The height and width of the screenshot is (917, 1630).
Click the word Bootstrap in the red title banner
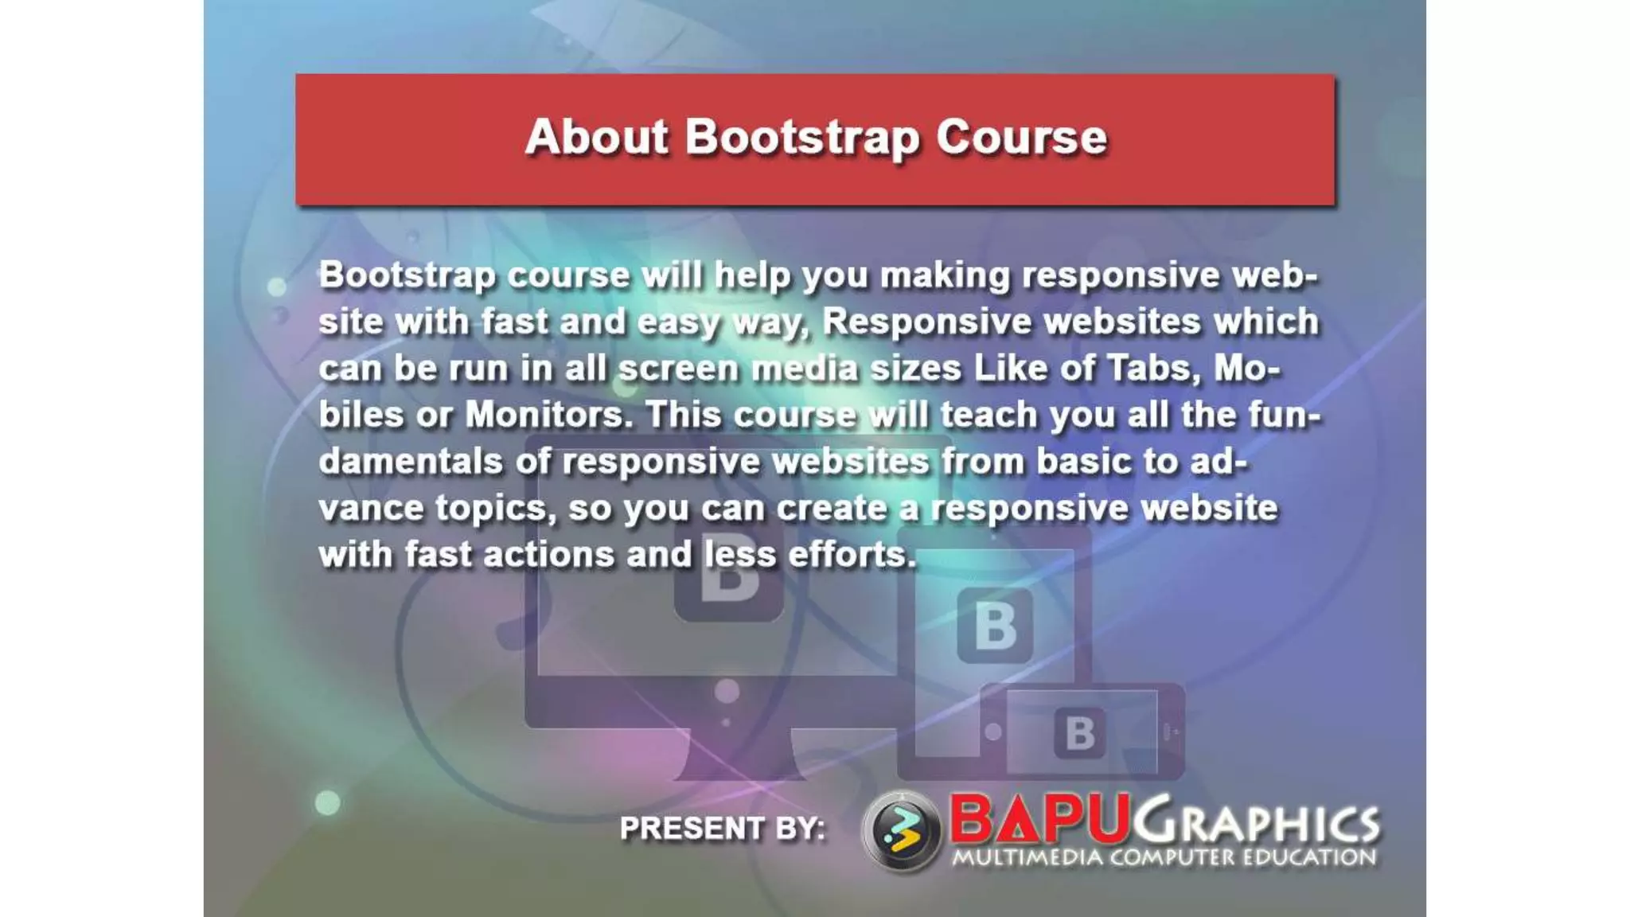pos(802,138)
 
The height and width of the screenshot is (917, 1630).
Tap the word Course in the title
pos(1021,137)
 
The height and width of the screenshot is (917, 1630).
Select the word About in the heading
pos(597,137)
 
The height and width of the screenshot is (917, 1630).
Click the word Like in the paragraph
pos(1009,369)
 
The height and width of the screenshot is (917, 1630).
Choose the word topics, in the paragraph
pos(495,509)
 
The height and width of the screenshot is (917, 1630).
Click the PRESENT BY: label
pos(722,829)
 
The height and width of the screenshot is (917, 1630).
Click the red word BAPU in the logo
pos(1039,819)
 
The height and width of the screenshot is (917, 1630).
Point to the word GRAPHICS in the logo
pos(1258,821)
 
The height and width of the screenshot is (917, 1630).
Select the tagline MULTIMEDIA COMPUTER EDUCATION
pos(1164,858)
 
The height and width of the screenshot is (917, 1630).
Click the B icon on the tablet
pos(995,626)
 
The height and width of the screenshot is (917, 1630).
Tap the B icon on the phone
pos(1079,733)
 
